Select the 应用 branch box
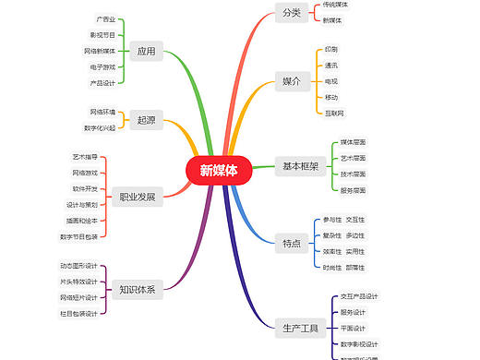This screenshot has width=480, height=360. (146, 51)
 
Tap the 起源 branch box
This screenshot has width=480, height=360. (146, 120)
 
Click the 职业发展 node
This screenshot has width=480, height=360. (137, 196)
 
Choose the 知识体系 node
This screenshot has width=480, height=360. (137, 290)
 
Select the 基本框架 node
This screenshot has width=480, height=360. (300, 166)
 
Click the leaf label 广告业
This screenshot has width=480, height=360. (106, 19)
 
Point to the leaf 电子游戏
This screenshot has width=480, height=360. (102, 66)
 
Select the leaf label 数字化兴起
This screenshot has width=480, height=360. (100, 127)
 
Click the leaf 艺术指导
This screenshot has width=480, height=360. (85, 157)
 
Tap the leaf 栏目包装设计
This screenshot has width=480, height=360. (79, 313)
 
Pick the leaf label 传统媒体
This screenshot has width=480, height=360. (336, 5)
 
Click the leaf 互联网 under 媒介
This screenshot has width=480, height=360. (334, 113)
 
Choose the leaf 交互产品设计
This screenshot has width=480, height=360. (358, 296)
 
